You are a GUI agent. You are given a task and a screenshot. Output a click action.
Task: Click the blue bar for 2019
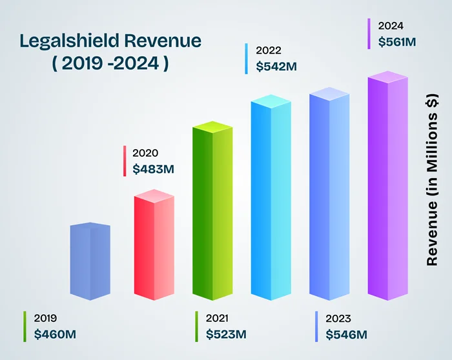tap(90, 261)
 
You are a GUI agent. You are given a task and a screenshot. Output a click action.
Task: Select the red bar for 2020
tap(154, 245)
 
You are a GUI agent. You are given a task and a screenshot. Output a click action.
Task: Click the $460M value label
tap(55, 334)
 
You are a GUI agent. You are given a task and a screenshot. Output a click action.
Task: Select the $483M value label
tap(153, 169)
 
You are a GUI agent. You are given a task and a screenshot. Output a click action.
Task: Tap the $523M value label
tap(226, 334)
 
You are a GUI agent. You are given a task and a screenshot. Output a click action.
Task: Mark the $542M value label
tap(276, 65)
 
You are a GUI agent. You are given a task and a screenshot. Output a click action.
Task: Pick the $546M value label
tap(346, 334)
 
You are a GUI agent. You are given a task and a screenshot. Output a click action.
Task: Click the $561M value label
tap(397, 42)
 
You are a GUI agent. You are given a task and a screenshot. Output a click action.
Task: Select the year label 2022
tap(268, 50)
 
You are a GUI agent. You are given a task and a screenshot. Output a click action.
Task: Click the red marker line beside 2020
tap(124, 161)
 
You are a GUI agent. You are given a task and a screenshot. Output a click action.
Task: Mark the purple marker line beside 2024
tap(369, 34)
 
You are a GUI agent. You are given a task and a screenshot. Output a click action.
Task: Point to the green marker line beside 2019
tap(25, 326)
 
